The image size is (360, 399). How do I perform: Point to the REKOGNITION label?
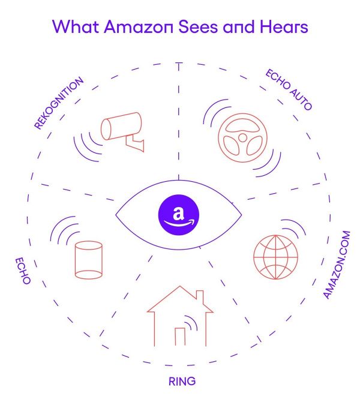58,103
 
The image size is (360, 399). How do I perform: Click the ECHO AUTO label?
289,90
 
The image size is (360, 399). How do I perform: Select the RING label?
182,381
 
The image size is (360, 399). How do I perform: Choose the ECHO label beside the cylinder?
23,270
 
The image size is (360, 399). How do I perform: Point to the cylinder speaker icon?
88,259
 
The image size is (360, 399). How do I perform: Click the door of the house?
180,336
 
